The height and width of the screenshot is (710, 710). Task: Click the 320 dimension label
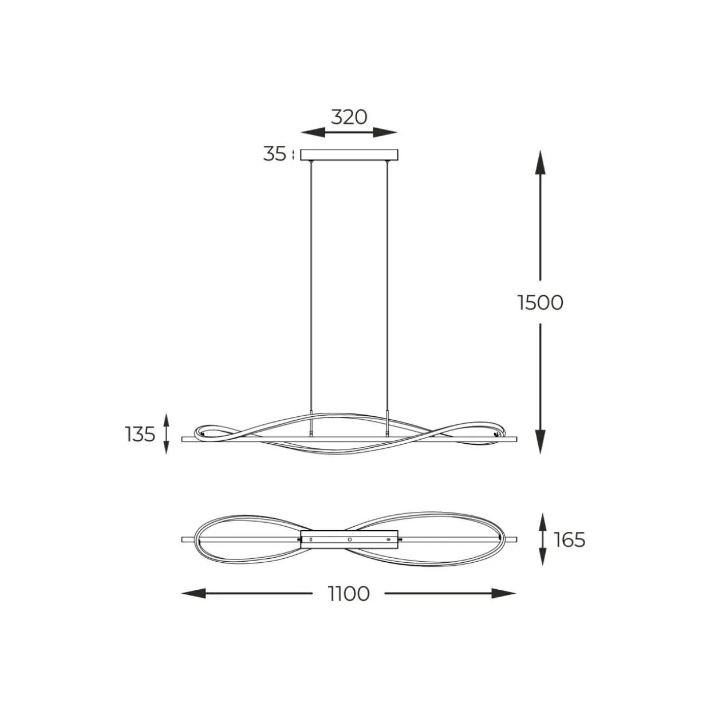[x=349, y=117]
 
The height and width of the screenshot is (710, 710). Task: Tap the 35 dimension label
[x=274, y=153]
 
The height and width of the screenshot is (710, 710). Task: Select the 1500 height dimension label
[x=541, y=302]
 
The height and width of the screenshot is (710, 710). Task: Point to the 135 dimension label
[x=140, y=434]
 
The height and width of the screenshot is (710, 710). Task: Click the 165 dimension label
[x=570, y=540]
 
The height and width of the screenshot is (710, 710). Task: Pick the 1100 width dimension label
[x=349, y=594]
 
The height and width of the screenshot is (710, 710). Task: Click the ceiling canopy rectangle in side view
[x=349, y=155]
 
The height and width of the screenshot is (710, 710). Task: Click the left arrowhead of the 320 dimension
[x=313, y=132]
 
